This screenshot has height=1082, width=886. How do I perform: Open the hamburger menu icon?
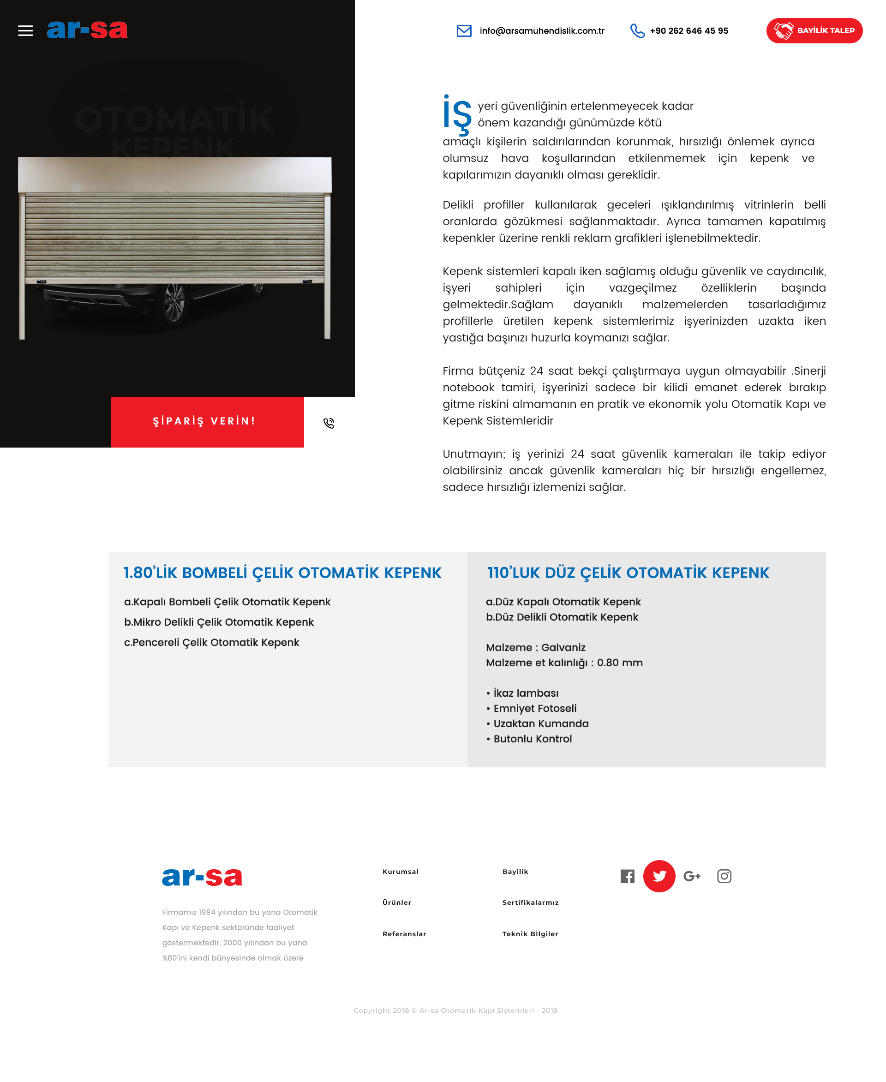click(x=25, y=30)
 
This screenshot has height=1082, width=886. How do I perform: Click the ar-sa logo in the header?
click(x=87, y=30)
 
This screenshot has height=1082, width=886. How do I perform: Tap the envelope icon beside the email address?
click(x=463, y=30)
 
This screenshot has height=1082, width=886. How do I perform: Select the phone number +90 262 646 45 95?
click(x=688, y=30)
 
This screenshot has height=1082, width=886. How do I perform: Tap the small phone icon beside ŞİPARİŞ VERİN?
click(x=329, y=423)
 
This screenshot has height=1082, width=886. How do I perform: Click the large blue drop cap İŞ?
click(x=457, y=114)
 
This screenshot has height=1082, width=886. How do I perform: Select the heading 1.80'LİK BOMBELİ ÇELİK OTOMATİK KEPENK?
click(x=282, y=573)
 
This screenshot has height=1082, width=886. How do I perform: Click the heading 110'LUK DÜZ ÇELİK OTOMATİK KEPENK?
click(x=628, y=573)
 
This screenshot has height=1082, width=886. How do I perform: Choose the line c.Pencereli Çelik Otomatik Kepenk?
click(x=211, y=642)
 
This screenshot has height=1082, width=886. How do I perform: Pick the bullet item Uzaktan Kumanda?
click(x=540, y=723)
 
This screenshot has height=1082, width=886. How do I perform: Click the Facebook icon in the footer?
click(x=627, y=876)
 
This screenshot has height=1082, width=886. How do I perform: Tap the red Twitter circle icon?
click(x=659, y=876)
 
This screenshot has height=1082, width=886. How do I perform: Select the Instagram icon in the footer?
click(x=724, y=876)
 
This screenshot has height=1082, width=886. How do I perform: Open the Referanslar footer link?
click(x=404, y=933)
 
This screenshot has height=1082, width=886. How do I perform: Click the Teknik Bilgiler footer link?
click(x=530, y=933)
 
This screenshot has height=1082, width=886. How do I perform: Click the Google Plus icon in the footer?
click(x=692, y=876)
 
